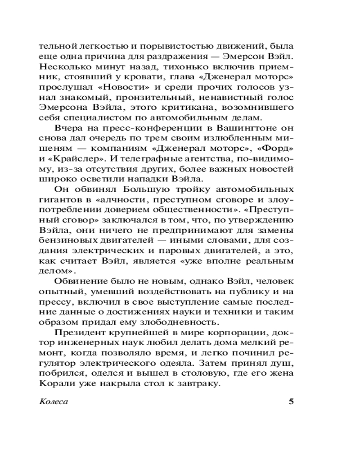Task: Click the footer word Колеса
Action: coord(54,401)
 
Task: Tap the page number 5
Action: coord(291,401)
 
